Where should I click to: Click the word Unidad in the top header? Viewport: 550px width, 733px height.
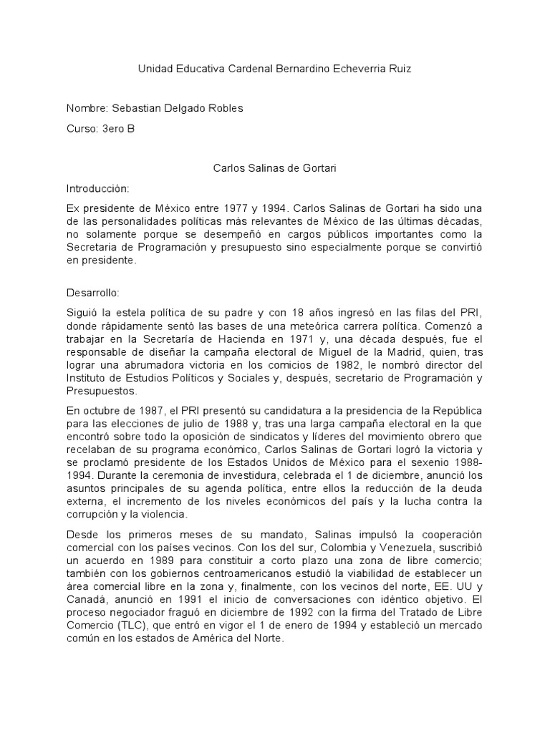[x=154, y=69]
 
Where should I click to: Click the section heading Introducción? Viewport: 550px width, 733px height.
[x=97, y=188]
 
